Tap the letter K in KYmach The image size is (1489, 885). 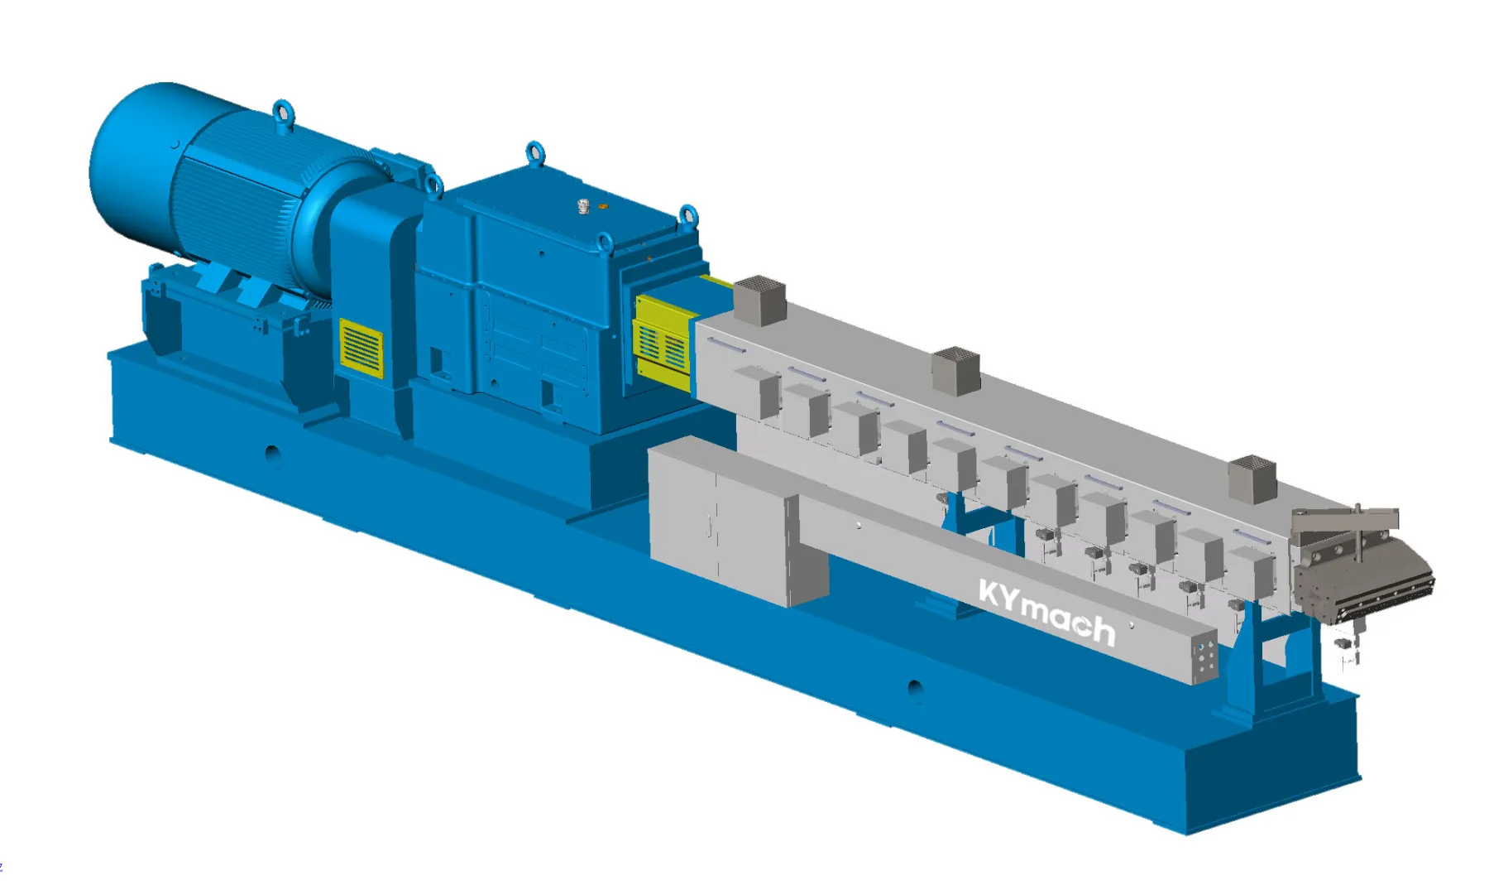tap(989, 592)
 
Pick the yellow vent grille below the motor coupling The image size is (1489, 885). tap(361, 349)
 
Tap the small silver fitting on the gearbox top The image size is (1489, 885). tap(583, 206)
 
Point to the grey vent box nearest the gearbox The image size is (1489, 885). tap(759, 300)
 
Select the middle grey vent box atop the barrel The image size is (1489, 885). tap(956, 369)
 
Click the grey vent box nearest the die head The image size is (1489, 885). tap(1252, 479)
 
